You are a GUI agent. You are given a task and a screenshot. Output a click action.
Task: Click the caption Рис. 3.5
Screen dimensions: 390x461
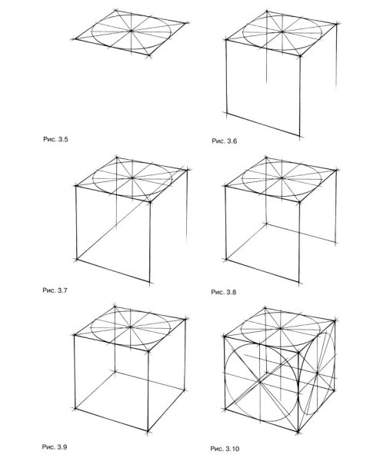[55, 139]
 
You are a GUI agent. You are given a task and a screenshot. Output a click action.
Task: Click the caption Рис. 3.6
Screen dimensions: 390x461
[224, 141]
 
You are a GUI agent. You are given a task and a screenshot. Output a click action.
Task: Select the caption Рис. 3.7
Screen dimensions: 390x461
[55, 290]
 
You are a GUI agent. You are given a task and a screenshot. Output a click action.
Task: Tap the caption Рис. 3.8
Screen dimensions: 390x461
[223, 292]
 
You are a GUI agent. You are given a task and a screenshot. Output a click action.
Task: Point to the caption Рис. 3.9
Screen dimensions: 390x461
[55, 447]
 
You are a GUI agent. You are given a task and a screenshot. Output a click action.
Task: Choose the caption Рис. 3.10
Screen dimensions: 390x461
[225, 449]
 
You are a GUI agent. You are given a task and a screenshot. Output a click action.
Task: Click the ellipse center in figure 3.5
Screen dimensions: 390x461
[132, 31]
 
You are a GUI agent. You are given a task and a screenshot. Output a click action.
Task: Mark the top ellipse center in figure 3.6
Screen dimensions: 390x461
[282, 32]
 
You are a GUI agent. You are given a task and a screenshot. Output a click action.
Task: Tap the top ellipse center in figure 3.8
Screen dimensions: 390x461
[282, 178]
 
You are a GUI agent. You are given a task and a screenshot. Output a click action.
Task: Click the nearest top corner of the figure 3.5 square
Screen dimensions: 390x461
[149, 55]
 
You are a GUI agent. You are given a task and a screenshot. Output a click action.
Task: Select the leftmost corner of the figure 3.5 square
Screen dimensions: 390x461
[75, 39]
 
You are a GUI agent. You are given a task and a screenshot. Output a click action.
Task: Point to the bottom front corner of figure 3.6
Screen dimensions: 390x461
[300, 137]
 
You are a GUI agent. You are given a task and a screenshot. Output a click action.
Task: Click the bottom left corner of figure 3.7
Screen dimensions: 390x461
[77, 260]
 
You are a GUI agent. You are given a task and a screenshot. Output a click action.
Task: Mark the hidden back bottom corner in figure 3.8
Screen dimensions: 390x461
[266, 224]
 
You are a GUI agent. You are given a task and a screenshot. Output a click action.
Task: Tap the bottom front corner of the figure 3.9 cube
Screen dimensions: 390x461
[148, 431]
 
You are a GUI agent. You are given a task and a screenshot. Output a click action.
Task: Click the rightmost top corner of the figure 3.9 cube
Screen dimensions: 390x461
[185, 319]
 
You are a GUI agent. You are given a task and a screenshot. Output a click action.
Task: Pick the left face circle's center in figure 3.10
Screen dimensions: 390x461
[260, 382]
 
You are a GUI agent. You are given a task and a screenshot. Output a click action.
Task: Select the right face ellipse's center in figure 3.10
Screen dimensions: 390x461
[317, 373]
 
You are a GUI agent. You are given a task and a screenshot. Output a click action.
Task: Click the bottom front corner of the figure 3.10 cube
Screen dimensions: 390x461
[298, 432]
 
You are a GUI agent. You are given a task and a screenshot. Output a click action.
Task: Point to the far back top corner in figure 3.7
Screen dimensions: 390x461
[117, 158]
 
